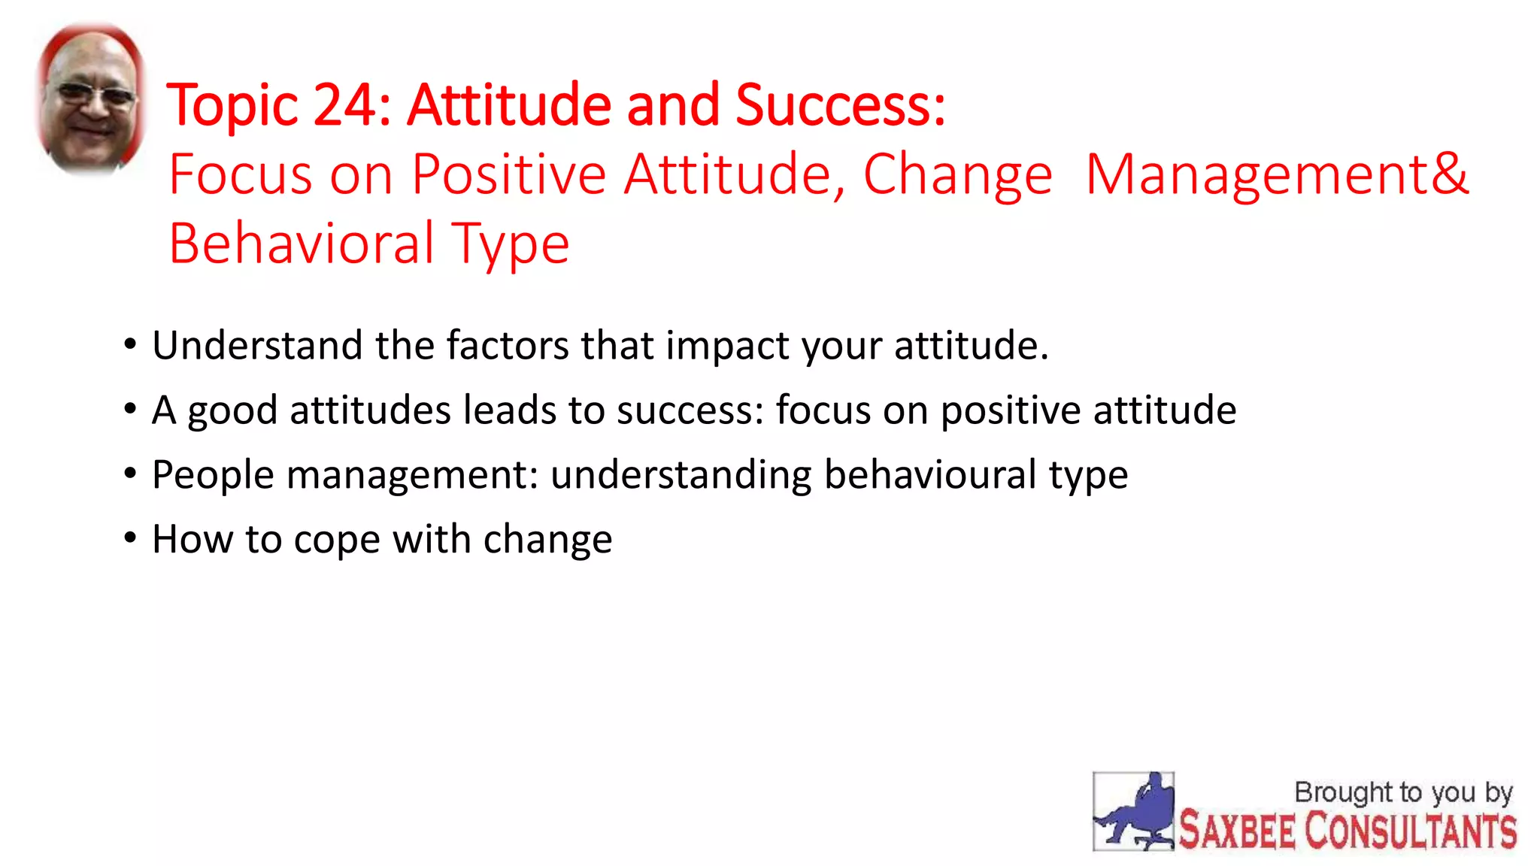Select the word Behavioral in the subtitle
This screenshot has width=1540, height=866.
click(x=302, y=244)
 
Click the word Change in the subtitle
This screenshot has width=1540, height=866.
click(x=957, y=174)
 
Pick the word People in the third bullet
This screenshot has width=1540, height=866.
click(x=213, y=474)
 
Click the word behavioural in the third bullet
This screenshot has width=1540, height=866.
click(x=930, y=474)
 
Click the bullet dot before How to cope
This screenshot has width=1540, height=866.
click(x=131, y=538)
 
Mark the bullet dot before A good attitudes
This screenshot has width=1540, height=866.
click(x=131, y=409)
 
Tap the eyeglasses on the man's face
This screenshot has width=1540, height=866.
click(x=94, y=95)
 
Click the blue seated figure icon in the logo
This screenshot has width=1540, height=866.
click(x=1134, y=813)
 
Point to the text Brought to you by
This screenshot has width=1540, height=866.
click(x=1403, y=792)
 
